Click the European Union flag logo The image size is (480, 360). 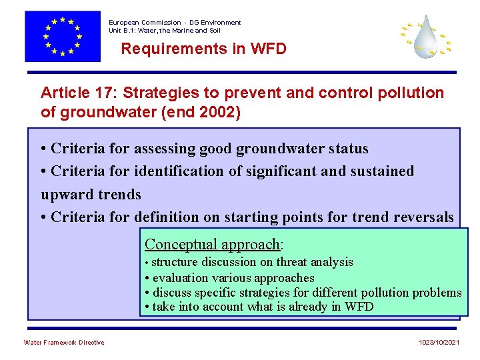click(62, 36)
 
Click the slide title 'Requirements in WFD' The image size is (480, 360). click(203, 49)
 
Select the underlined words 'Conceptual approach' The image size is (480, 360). click(213, 244)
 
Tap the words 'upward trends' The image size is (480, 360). click(91, 194)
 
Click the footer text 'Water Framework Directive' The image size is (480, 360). click(64, 343)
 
